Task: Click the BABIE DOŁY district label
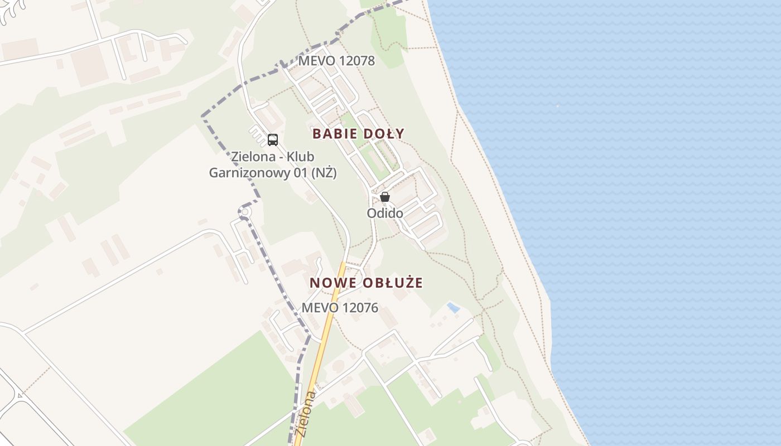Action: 358,134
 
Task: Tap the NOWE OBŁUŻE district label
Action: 366,283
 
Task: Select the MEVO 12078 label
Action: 336,61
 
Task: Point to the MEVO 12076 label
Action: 340,308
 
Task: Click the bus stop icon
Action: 272,139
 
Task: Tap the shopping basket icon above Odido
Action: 385,197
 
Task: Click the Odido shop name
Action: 385,213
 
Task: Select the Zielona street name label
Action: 307,415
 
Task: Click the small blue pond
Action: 453,307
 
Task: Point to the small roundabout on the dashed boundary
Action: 244,212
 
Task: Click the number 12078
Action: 357,61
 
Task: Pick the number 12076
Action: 360,308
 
